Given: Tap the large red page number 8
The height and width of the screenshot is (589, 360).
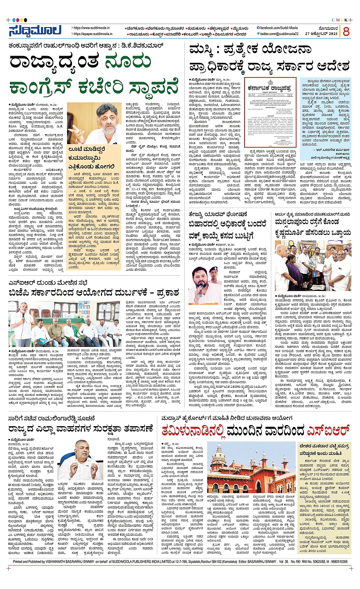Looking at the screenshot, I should pos(346,32).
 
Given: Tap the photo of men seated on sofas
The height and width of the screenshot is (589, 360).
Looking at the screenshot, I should pos(64,324).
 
